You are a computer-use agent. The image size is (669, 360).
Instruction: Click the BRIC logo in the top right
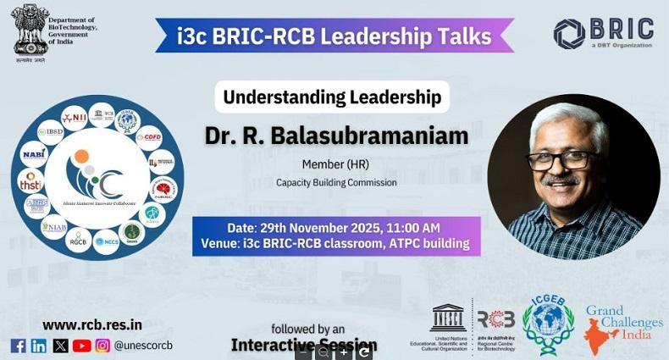coord(603,33)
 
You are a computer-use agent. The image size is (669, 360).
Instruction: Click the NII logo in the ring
coord(75,118)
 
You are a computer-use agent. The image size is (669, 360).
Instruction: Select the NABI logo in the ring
coord(33,155)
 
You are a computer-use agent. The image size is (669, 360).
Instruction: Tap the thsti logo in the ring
coord(30,180)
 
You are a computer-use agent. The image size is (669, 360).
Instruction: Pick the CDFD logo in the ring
coord(149,136)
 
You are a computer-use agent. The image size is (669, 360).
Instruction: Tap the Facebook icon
coord(18,346)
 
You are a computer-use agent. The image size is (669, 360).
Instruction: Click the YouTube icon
coord(81,346)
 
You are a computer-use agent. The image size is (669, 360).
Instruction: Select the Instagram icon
coord(102,346)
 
